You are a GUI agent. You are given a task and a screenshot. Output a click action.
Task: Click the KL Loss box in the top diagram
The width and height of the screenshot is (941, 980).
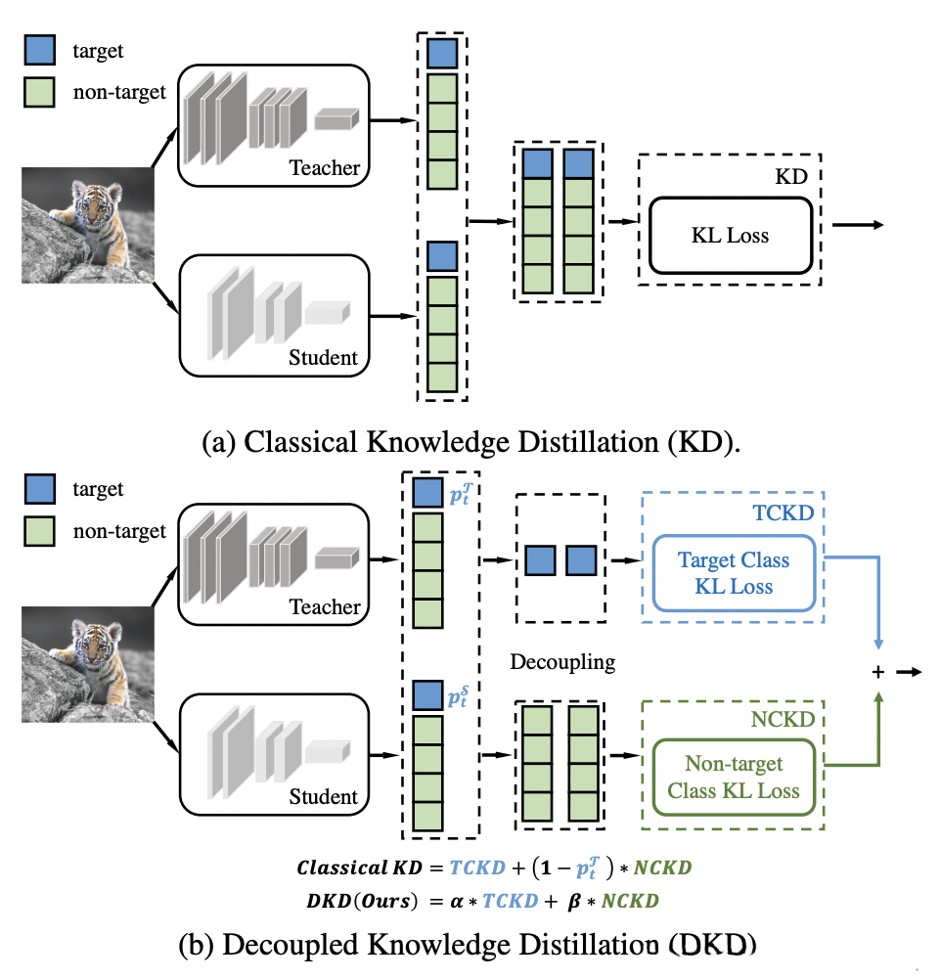pos(729,235)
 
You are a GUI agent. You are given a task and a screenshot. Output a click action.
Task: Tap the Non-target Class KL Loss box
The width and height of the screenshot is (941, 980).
pos(734,777)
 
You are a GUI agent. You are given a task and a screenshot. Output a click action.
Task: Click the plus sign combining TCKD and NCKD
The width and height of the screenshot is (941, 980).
pos(877,673)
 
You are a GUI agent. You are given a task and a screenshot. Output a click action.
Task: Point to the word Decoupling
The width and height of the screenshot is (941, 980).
pos(562,662)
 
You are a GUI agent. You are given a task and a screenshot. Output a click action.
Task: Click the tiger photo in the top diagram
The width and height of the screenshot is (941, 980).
pos(87,225)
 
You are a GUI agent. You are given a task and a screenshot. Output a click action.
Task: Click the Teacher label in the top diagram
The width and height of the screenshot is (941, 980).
pos(325,168)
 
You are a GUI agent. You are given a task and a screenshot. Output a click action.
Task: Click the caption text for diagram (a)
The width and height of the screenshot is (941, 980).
pos(470,443)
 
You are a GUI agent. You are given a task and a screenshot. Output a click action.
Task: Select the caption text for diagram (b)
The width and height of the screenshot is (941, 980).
pos(470,946)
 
